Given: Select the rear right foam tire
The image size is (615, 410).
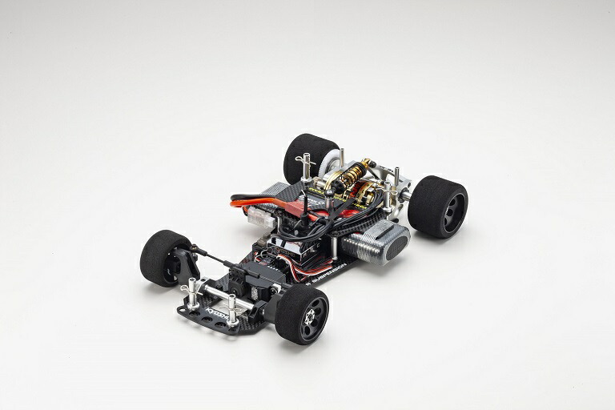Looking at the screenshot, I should click(x=437, y=207).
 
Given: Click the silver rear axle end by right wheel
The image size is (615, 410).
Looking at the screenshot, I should click(x=408, y=193).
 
